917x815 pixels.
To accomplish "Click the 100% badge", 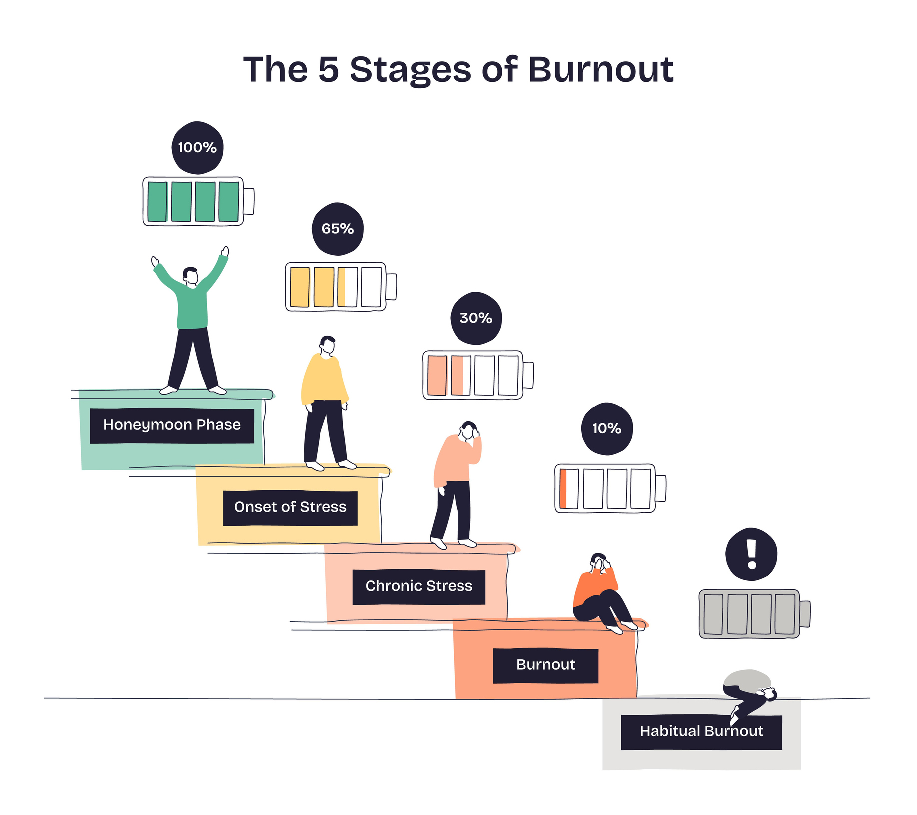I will tap(197, 148).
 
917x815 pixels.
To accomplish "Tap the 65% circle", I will tap(338, 229).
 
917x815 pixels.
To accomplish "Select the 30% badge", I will tap(476, 318).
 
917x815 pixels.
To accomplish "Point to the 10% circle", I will tap(607, 429).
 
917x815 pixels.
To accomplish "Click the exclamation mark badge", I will tap(751, 554).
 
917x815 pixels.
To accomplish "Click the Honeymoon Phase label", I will tap(172, 426).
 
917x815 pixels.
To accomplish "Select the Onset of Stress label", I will tap(290, 508).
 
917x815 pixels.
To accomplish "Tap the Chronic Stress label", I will tap(419, 587).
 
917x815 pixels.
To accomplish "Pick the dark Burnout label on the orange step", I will tap(545, 665).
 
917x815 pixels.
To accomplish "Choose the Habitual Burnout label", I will tap(701, 732).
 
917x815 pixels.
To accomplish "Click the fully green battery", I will tap(198, 201).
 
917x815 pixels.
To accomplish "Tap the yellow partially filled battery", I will tap(340, 287).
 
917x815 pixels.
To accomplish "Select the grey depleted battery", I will tap(753, 614).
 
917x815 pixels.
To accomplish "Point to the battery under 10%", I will tap(609, 488).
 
